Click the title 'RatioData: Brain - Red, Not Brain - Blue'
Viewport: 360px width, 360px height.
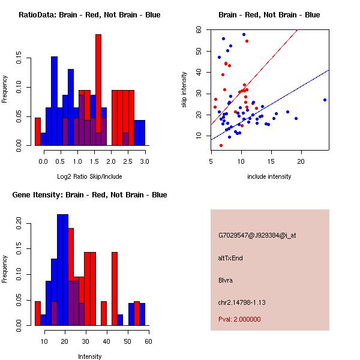point(89,15)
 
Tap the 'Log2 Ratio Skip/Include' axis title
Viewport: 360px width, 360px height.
point(89,176)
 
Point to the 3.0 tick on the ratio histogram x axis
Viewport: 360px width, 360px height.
point(145,161)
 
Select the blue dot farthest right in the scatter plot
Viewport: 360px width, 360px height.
point(325,100)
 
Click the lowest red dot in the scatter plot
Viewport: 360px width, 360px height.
point(221,145)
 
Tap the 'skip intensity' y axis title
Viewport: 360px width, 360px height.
point(184,89)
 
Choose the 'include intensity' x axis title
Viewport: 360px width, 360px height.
point(269,176)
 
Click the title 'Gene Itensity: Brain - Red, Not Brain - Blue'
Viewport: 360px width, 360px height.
point(89,195)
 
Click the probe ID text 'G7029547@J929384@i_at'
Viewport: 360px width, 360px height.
point(257,235)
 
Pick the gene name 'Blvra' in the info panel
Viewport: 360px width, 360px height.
point(225,280)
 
